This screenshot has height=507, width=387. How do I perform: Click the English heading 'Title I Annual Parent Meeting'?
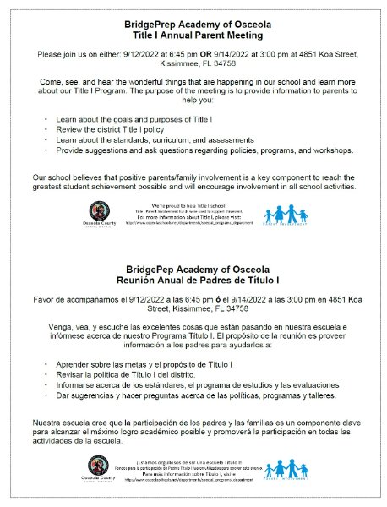[x=193, y=36]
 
